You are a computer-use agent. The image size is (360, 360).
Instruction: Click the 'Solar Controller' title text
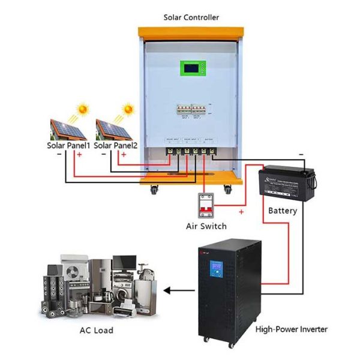click(x=191, y=17)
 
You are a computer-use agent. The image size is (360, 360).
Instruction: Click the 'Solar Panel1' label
click(x=69, y=146)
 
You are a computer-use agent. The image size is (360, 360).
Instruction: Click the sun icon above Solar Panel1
click(x=83, y=110)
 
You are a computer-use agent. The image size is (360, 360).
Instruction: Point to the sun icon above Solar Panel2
click(x=128, y=110)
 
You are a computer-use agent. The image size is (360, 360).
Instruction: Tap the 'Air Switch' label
click(x=206, y=226)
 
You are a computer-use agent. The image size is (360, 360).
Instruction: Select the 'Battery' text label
click(x=282, y=211)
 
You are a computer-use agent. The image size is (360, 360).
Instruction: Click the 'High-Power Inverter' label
click(x=292, y=329)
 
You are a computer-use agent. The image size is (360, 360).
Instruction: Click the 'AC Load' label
click(x=96, y=330)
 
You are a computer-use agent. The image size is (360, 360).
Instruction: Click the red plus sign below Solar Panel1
click(x=79, y=155)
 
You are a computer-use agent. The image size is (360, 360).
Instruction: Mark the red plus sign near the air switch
click(x=242, y=212)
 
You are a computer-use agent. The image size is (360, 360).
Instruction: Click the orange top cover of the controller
click(x=191, y=30)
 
